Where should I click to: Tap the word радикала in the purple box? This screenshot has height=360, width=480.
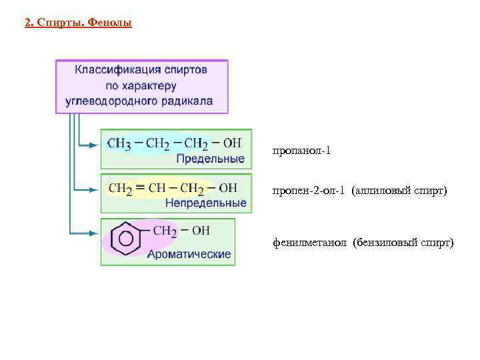189,101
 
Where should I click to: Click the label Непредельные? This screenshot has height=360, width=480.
205,203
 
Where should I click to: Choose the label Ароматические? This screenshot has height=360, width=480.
189,253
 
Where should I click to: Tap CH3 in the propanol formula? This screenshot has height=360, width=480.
119,143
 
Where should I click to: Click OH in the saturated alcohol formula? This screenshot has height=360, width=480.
233,143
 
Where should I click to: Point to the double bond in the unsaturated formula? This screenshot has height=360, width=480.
140,188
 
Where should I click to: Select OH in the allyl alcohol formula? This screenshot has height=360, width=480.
227,188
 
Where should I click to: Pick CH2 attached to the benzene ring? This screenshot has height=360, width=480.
165,231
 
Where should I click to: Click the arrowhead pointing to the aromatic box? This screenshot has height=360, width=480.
93,233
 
